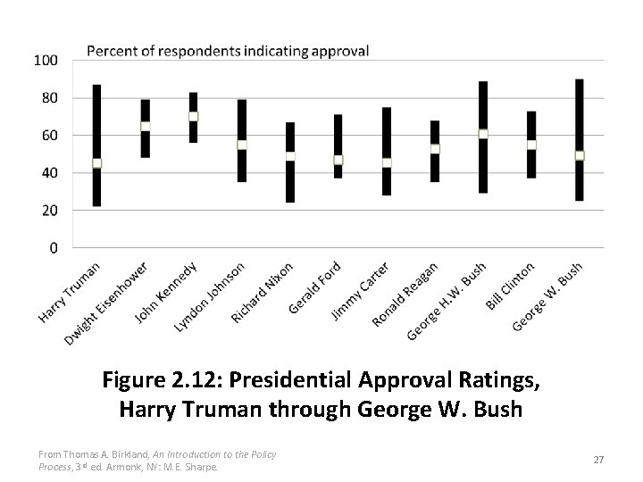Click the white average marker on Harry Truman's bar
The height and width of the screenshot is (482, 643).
click(97, 163)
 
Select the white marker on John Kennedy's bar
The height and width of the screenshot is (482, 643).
click(194, 116)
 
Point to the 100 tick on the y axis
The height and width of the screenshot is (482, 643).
click(46, 60)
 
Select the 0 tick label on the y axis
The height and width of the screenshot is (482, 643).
click(54, 247)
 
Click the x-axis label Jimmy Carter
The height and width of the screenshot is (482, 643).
click(359, 292)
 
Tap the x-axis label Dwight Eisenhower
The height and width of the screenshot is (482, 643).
click(106, 304)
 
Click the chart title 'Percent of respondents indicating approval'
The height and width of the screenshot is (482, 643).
click(228, 51)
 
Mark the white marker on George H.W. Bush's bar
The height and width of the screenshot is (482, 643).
click(483, 133)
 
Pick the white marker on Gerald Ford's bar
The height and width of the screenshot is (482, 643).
click(338, 160)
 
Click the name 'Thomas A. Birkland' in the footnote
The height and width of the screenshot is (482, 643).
click(107, 454)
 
